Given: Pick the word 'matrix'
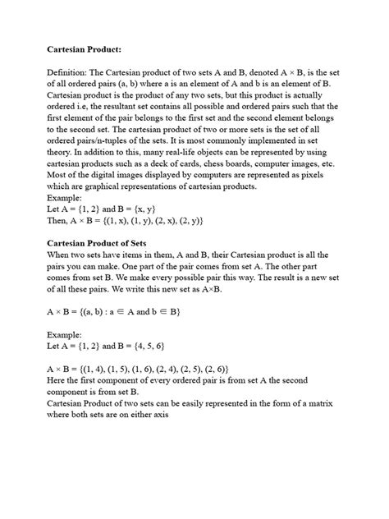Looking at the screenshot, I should (327, 404).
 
